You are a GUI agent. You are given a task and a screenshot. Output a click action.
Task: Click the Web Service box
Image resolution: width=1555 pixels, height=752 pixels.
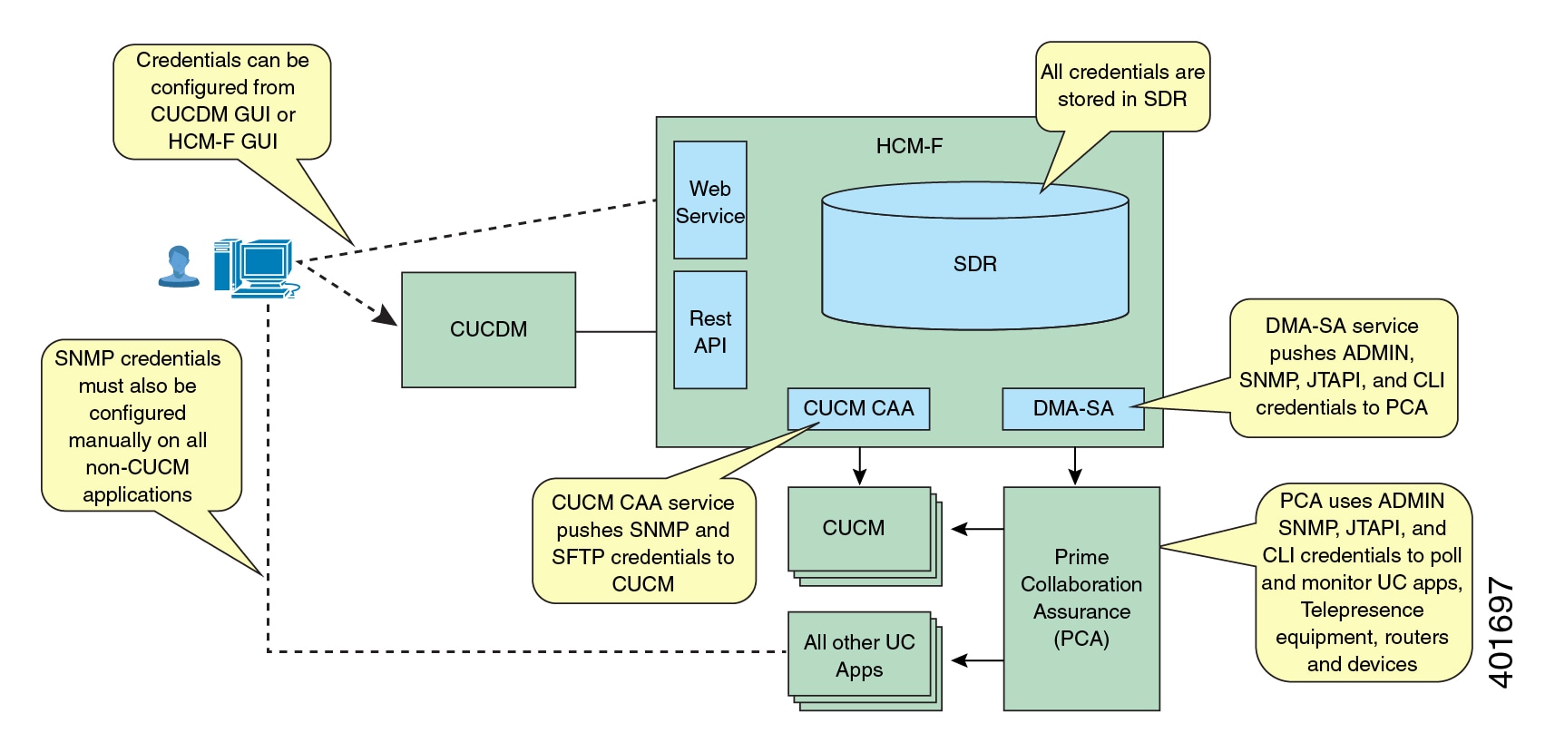[x=709, y=200]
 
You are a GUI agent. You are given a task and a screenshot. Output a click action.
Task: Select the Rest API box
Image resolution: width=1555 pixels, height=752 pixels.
[x=709, y=330]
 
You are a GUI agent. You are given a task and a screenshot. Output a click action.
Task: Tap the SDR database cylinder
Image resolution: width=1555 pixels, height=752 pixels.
[x=974, y=263]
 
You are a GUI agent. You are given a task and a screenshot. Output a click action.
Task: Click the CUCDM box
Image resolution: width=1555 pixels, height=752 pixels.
[x=488, y=329]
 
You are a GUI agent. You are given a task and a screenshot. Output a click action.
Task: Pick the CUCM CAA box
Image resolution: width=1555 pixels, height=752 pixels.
[x=858, y=409]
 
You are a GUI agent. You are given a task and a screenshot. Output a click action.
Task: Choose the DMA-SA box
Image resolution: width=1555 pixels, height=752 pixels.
[x=1072, y=409]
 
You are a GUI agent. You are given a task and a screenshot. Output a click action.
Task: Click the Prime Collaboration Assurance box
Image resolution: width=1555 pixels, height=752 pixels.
[x=1081, y=598]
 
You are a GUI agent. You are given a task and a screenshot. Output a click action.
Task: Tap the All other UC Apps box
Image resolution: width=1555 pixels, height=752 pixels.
[x=858, y=655]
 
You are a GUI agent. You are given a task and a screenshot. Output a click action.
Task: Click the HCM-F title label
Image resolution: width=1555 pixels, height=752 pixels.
[x=908, y=146]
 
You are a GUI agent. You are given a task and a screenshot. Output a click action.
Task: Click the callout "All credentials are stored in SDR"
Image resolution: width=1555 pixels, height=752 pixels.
[x=1122, y=86]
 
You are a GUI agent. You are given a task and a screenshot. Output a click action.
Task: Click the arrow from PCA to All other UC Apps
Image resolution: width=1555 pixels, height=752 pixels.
[x=978, y=661]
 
